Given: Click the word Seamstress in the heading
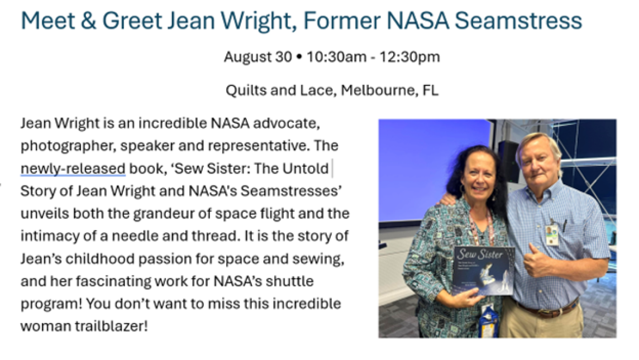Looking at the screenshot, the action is point(518,21).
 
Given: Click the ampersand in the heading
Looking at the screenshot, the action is point(88,21).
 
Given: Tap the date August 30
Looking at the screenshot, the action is point(258,56).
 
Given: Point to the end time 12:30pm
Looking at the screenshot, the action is point(409,56).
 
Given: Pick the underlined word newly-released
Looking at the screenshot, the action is point(73,169).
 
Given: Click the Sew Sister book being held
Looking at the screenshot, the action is point(483,270).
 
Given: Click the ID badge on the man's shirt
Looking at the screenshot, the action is point(552,236).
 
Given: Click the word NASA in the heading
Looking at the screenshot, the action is point(418,21).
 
